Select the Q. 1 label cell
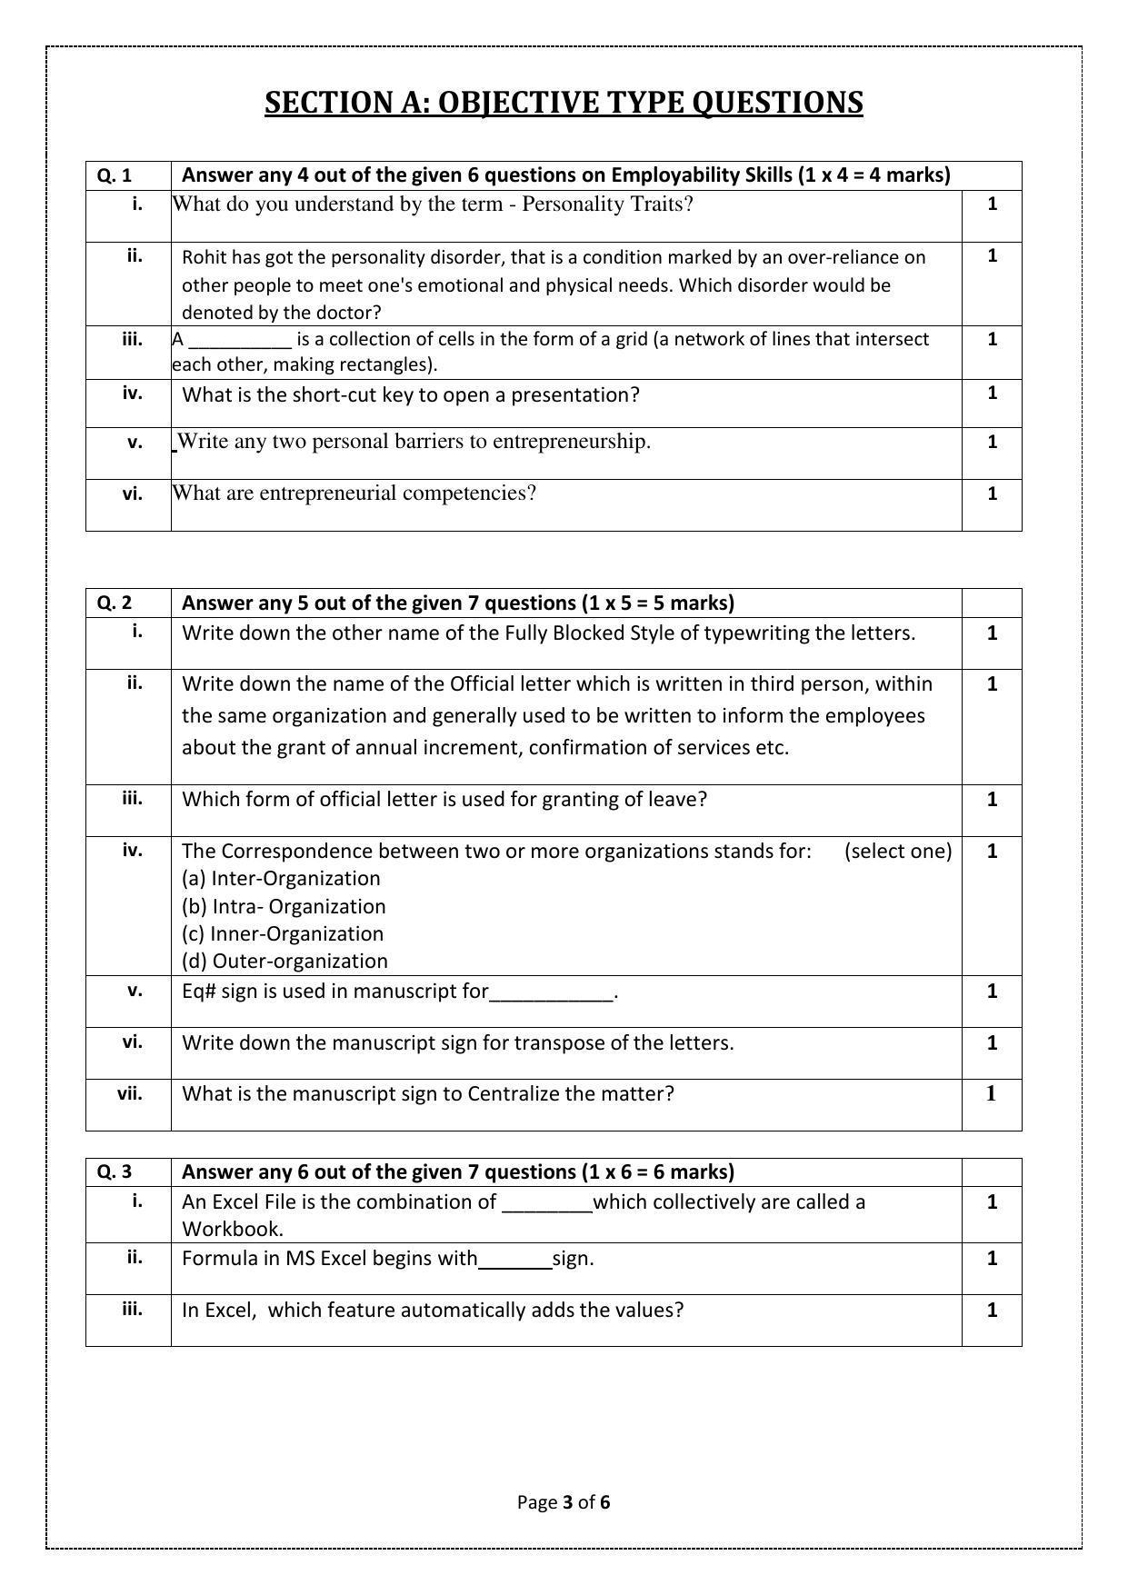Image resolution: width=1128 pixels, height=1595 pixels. click(115, 175)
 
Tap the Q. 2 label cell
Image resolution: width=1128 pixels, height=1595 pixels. click(115, 603)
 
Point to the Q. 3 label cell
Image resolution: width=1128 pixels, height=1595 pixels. click(115, 1172)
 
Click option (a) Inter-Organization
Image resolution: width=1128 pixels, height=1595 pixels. click(281, 879)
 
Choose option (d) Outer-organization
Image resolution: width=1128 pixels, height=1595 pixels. click(284, 962)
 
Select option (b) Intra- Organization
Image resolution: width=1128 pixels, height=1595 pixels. click(284, 907)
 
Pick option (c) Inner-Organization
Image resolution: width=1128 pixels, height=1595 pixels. click(283, 934)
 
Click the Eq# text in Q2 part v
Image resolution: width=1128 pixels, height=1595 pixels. click(197, 992)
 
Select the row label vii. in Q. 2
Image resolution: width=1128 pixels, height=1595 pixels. click(130, 1093)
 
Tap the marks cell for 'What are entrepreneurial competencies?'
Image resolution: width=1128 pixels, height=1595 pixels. click(992, 493)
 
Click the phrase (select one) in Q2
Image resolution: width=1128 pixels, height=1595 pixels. click(898, 852)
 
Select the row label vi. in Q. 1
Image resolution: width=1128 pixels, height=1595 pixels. click(133, 493)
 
